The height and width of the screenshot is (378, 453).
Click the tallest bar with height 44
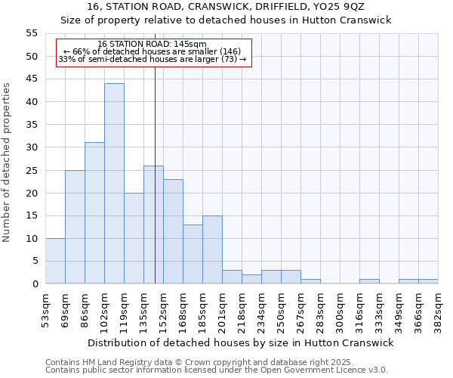point(114,184)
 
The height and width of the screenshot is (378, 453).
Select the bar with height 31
point(94,213)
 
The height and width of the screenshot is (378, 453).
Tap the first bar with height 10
point(55,261)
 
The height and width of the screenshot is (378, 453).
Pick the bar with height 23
point(173,231)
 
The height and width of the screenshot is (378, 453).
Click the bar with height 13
point(193,254)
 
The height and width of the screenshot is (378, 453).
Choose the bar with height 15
point(212,249)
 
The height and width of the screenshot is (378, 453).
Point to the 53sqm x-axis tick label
point(45,308)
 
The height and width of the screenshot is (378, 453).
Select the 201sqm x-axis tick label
point(222,310)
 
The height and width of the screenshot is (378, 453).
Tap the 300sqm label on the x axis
point(340,310)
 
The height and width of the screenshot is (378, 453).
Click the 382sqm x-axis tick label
point(438,310)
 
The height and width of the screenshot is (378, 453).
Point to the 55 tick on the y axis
point(31,33)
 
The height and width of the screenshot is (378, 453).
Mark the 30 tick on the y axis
point(31,147)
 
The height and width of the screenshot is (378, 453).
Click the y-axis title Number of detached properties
point(8,163)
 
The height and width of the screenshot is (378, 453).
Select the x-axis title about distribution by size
point(242,342)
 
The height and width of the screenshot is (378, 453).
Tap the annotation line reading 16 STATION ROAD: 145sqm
point(152,45)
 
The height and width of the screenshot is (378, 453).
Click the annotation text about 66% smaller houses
point(152,51)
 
